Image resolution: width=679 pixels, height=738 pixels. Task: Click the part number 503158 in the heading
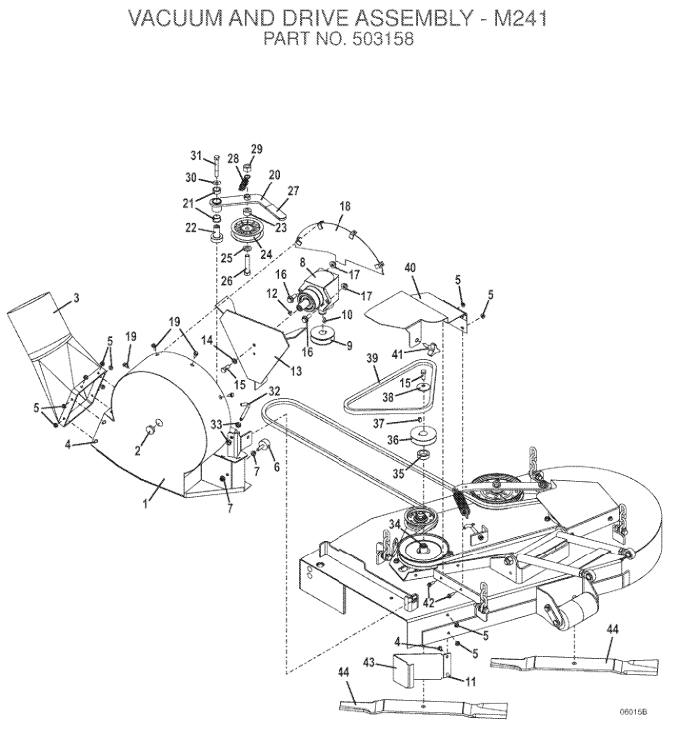point(382,39)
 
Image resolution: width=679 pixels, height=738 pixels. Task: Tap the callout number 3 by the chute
point(76,298)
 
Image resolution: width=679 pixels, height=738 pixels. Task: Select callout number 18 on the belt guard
point(345,206)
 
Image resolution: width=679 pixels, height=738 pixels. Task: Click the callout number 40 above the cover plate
point(410,268)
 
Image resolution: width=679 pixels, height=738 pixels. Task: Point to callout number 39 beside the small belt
point(372,359)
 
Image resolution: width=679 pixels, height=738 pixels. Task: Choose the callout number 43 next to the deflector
point(368,662)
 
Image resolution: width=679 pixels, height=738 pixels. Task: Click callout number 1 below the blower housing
point(146,504)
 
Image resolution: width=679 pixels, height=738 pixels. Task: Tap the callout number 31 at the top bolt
point(196,155)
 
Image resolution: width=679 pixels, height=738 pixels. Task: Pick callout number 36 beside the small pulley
point(393,440)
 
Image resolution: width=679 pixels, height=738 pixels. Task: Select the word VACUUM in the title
point(176,18)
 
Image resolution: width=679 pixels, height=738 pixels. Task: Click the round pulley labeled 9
point(322,337)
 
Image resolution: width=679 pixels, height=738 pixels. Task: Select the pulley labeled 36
point(423,435)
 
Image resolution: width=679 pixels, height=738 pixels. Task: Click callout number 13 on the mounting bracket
point(296,371)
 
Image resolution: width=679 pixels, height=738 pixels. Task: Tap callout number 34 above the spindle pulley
point(394,524)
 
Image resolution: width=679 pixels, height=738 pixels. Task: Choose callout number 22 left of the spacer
point(191,228)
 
